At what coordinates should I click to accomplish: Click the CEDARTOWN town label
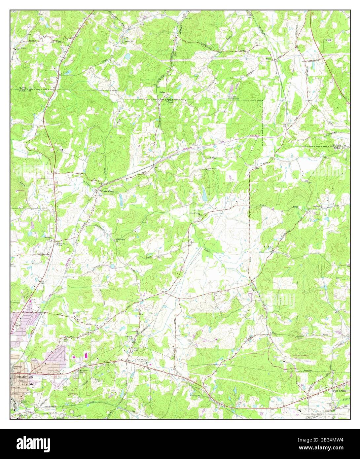coord(22,377)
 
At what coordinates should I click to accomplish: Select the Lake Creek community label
coord(109,191)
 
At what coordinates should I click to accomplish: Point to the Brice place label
coord(268,58)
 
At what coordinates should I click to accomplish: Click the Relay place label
coord(162,92)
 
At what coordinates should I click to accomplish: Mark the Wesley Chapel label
coord(170,101)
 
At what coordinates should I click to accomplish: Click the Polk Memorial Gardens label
coord(143,361)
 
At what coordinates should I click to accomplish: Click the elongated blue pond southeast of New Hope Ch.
coord(205,195)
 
